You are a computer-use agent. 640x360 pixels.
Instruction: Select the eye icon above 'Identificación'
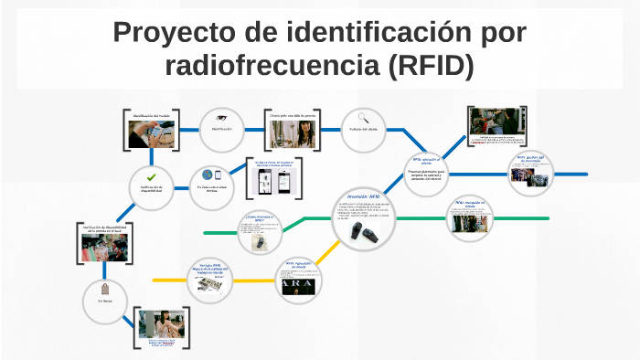coord(220,118)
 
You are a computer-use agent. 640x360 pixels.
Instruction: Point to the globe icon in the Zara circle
coord(208,175)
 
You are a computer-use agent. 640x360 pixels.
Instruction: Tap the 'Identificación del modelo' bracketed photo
coord(151,131)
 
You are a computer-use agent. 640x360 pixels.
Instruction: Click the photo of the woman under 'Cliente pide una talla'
coord(293,133)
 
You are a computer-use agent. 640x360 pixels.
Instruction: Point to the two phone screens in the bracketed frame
coord(275,180)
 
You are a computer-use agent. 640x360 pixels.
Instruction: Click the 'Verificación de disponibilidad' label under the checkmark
coord(151,189)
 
